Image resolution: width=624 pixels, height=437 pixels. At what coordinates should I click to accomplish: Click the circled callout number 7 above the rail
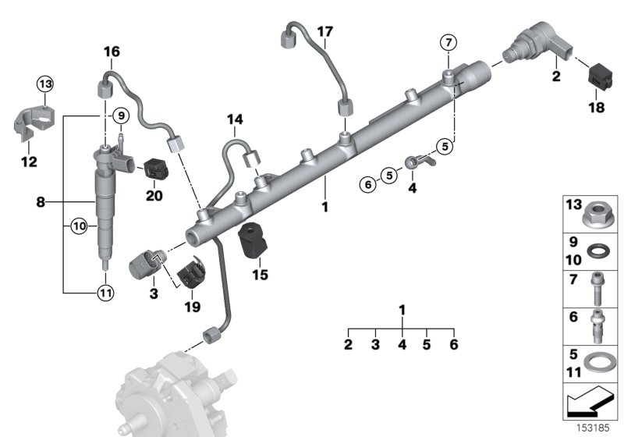point(448,41)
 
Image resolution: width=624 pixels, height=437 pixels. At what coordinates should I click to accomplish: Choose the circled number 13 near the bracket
point(45,83)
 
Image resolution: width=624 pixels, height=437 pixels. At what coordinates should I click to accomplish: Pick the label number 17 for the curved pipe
point(325,32)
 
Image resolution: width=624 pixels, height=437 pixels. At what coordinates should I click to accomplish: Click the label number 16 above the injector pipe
point(112,52)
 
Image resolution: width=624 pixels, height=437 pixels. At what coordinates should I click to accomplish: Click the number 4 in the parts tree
point(402,344)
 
